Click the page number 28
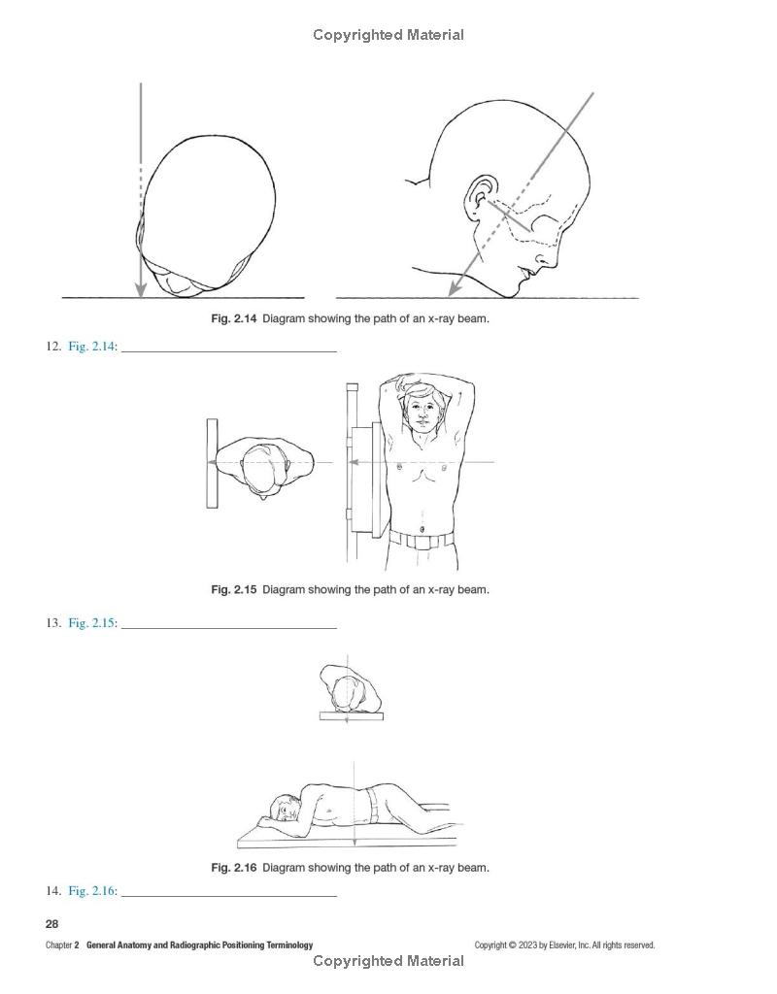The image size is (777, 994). tap(52, 924)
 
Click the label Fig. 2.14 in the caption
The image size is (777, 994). tap(233, 318)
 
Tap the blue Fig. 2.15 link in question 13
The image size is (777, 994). tap(92, 622)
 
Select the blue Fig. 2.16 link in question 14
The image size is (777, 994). tap(92, 891)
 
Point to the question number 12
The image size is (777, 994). tap(53, 347)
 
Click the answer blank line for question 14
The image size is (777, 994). tap(229, 896)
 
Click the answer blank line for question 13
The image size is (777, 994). tap(229, 628)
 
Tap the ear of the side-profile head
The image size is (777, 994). tap(480, 196)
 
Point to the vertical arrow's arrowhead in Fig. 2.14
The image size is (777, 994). tap(141, 289)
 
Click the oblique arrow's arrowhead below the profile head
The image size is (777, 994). tap(454, 287)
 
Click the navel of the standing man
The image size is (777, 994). tap(422, 529)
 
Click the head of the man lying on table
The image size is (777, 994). tap(284, 809)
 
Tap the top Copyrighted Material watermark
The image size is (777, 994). tap(388, 35)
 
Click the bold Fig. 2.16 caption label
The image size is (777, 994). tap(233, 867)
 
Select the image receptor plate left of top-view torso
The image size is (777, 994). tap(212, 463)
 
